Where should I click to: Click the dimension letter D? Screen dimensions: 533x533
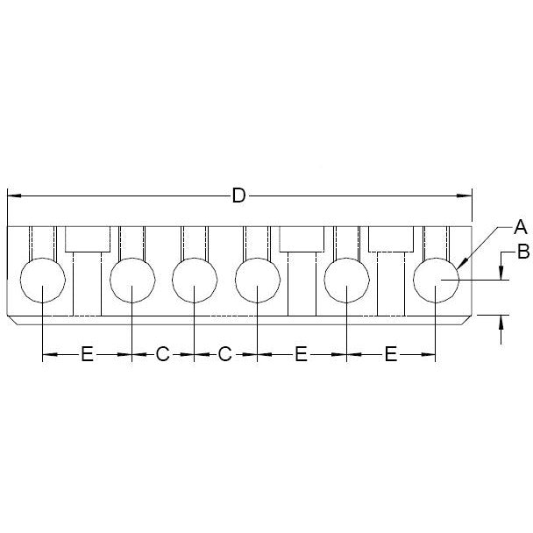pyautogui.click(x=238, y=195)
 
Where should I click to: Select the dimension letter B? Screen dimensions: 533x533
pyautogui.click(x=522, y=253)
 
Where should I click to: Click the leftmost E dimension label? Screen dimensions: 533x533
pyautogui.click(x=87, y=354)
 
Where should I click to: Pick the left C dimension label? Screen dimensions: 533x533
pyautogui.click(x=162, y=354)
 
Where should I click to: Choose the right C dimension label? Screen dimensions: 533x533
pyautogui.click(x=224, y=354)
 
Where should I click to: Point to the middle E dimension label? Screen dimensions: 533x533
pyautogui.click(x=301, y=354)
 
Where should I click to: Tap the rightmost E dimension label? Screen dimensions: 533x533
pyautogui.click(x=391, y=354)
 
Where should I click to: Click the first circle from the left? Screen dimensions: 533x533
pyautogui.click(x=43, y=281)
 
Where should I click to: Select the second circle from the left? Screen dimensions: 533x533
pyautogui.click(x=132, y=281)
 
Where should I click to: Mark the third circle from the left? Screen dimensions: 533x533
pyautogui.click(x=194, y=281)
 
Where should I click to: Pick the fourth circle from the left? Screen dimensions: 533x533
pyautogui.click(x=257, y=281)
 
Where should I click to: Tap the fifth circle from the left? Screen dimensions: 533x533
pyautogui.click(x=347, y=281)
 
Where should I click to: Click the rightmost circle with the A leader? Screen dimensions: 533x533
pyautogui.click(x=437, y=281)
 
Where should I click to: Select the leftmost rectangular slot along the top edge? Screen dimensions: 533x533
pyautogui.click(x=88, y=238)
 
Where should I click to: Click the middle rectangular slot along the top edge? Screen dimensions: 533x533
pyautogui.click(x=302, y=238)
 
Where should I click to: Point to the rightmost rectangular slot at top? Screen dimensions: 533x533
pyautogui.click(x=390, y=238)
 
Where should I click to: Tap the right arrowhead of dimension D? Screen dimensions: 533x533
pyautogui.click(x=468, y=195)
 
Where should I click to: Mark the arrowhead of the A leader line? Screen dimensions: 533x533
pyautogui.click(x=460, y=265)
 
